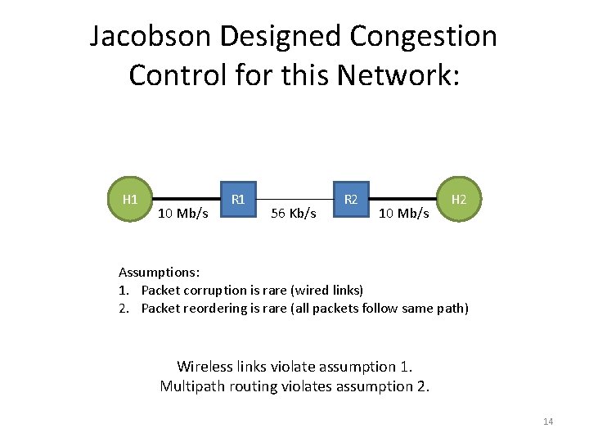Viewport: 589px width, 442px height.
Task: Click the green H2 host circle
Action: coord(460,200)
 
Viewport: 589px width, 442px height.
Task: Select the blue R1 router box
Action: coord(238,200)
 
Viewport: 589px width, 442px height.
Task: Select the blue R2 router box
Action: coord(351,200)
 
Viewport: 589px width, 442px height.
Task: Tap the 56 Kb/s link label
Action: coord(293,214)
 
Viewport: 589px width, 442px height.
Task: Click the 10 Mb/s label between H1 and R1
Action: coord(182,214)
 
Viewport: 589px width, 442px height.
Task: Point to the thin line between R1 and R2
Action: coord(294,199)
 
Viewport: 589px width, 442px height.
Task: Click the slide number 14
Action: coord(548,422)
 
